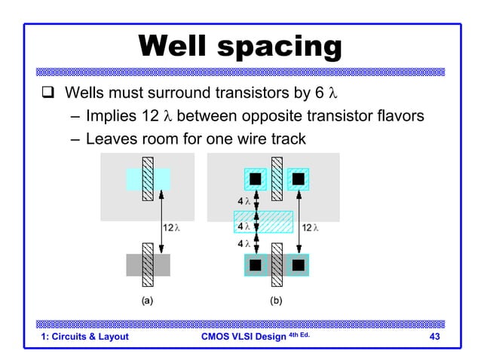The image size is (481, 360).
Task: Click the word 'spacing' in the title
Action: point(285,47)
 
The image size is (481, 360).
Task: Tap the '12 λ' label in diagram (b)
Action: point(311,227)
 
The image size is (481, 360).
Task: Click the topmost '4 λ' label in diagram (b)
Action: point(244,202)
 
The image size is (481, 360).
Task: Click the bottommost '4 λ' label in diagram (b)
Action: point(244,246)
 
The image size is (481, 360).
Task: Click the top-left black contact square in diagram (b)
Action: point(256,179)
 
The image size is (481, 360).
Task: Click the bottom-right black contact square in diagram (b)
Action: point(298,265)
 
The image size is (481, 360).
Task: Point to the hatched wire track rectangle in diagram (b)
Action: point(263,222)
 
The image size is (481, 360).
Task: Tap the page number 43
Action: point(434,337)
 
